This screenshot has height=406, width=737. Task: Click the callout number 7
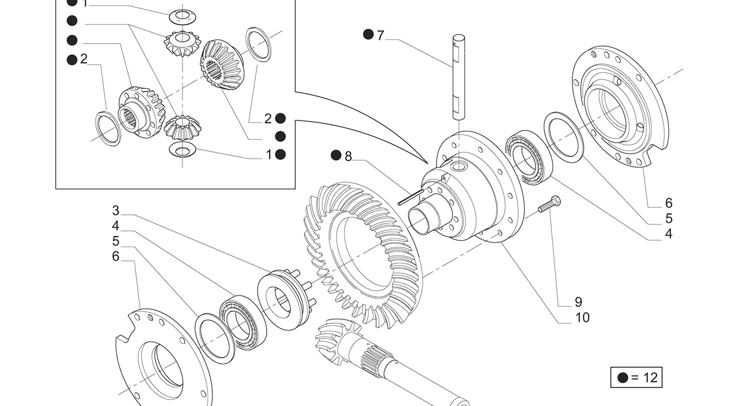[380, 36]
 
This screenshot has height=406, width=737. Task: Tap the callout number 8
[348, 156]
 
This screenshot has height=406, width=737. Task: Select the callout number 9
[578, 302]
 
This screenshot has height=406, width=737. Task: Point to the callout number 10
[583, 318]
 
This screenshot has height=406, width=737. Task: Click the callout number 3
[116, 210]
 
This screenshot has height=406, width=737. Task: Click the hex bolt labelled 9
[549, 204]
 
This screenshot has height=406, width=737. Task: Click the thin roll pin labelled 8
[411, 197]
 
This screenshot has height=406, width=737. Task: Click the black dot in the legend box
[623, 378]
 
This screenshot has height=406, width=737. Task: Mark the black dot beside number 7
[368, 34]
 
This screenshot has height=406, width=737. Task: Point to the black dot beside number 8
[336, 155]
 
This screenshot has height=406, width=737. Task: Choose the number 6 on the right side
[668, 203]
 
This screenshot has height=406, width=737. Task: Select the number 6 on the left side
[116, 256]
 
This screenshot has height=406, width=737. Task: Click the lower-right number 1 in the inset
[269, 155]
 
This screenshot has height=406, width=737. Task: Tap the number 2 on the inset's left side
[83, 59]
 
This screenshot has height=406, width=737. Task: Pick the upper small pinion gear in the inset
[182, 44]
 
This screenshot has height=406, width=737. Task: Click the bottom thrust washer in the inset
[182, 150]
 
